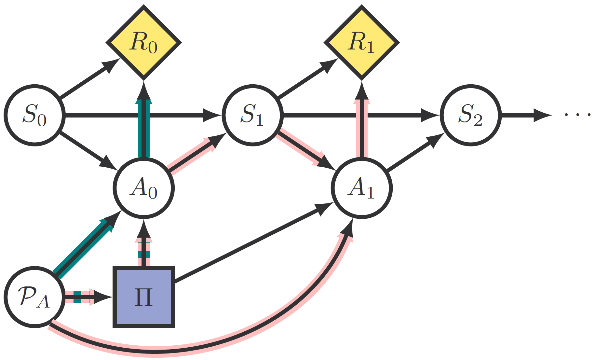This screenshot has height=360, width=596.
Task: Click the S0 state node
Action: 34,115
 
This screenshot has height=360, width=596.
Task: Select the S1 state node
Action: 252,115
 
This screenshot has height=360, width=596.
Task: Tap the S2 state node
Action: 470,115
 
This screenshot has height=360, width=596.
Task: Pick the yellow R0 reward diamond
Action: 143,43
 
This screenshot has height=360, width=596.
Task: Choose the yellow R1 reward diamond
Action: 361,43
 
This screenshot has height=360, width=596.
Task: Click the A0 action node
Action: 143,188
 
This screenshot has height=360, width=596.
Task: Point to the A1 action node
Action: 361,188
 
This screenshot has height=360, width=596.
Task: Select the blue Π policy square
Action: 143,297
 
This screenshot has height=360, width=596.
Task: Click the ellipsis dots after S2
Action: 577,115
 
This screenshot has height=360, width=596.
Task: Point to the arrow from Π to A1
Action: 247,245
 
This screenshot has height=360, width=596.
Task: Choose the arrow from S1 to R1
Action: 304,80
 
